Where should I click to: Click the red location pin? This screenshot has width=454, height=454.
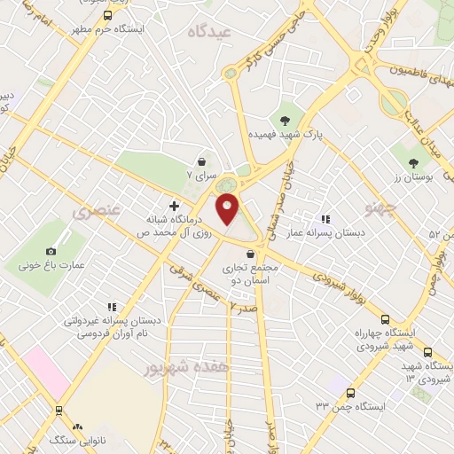pos(229,209)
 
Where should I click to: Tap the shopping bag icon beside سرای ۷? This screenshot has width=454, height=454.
pos(203,162)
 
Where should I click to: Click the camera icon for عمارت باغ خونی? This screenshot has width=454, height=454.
pos(51,252)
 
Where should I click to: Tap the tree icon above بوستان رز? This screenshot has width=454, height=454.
pos(413,162)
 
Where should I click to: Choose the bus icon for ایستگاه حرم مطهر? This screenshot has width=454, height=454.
pos(107,15)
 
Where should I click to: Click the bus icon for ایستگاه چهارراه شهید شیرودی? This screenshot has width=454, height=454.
pos(384,319)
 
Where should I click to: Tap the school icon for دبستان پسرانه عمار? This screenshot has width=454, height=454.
pos(325,218)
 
